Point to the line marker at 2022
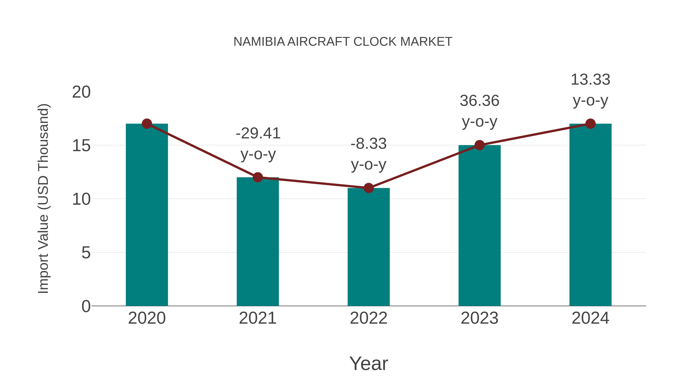369,188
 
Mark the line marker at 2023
479,145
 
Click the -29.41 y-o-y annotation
258,144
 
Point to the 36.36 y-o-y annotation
479,111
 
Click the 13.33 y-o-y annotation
590,90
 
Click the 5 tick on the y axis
86,253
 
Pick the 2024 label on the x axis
590,318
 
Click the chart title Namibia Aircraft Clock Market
343,42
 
